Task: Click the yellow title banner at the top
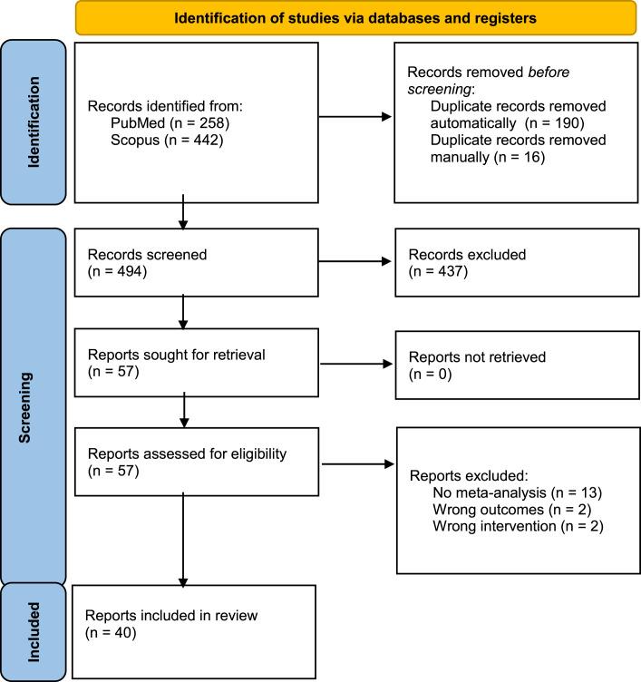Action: (355, 18)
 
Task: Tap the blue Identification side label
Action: (34, 122)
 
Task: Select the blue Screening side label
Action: (34, 407)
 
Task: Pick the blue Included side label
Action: (34, 632)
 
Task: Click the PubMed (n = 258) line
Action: (170, 123)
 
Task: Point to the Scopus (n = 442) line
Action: (167, 140)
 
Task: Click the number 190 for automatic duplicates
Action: (567, 123)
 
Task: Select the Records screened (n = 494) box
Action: (197, 263)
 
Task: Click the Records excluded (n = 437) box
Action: (517, 263)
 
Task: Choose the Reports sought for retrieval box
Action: (197, 363)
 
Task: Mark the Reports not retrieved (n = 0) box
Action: (517, 365)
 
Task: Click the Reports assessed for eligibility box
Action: (197, 462)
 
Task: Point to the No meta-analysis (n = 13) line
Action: (518, 492)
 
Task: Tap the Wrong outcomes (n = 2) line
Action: (512, 510)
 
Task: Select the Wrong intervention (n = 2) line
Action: (518, 526)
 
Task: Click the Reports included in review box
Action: (194, 632)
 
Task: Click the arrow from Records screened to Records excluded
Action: (354, 261)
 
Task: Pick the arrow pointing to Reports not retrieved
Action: (356, 364)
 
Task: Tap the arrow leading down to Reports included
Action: (183, 541)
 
